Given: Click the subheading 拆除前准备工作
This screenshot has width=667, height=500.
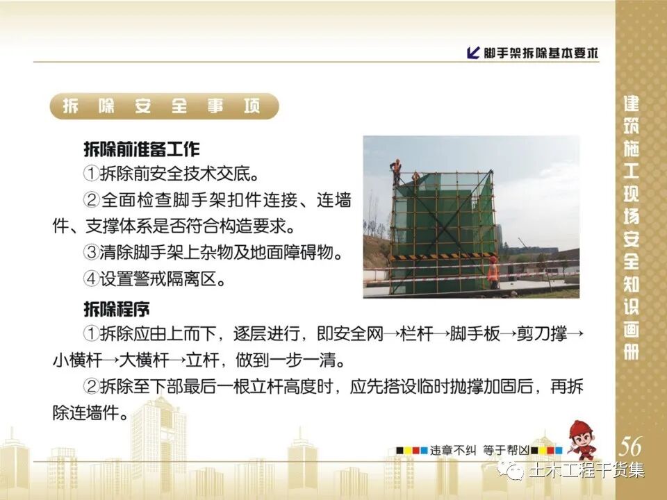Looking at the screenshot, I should [x=141, y=149].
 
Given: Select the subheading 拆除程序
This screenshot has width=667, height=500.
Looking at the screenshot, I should [x=116, y=309].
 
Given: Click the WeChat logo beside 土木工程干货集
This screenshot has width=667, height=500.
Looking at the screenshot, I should [x=515, y=471].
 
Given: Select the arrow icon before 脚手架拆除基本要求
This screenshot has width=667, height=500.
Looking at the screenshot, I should [x=474, y=53].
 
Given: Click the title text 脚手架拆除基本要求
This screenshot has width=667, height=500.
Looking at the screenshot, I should [x=541, y=53].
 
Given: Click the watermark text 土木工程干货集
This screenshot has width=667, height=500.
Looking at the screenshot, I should [x=586, y=471].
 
